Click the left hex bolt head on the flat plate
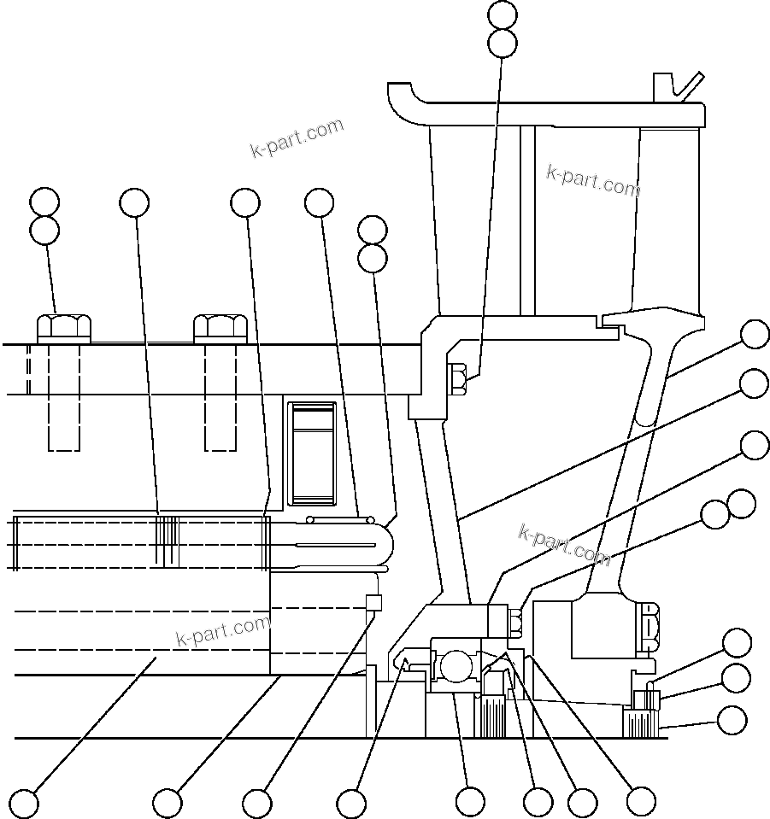64,327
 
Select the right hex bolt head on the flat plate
220,327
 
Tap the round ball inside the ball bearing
455,664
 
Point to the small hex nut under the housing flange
456,379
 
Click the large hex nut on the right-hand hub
649,625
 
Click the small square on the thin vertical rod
373,602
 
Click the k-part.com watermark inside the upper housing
592,180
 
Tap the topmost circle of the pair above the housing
503,14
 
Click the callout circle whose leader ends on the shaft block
24,803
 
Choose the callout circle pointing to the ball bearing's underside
470,802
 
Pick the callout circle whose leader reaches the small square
256,803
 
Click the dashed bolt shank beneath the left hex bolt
64,397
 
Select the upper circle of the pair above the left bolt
44,202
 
